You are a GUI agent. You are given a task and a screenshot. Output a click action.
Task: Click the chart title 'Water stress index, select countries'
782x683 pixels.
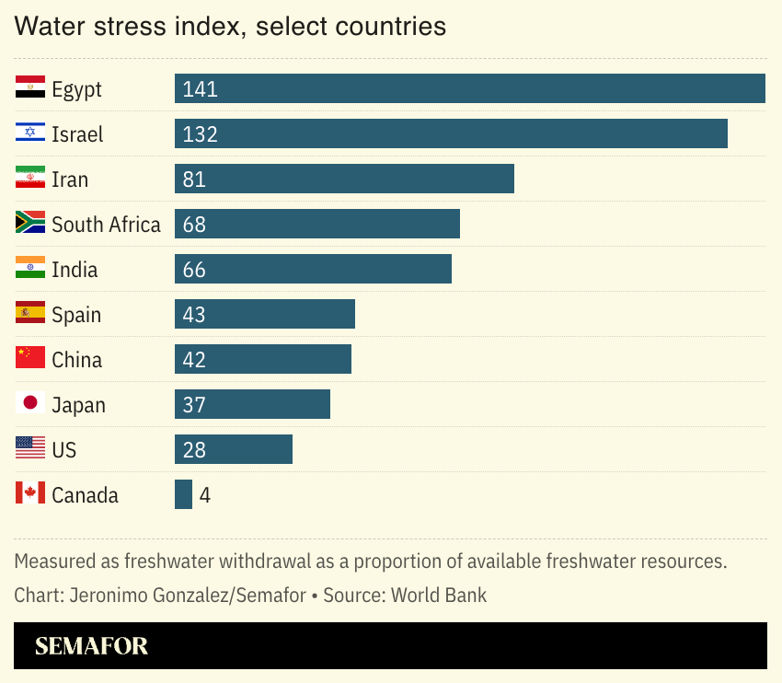230,26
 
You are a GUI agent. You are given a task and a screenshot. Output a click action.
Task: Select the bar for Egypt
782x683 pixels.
470,89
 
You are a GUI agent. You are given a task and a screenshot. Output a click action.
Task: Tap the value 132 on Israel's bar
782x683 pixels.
200,134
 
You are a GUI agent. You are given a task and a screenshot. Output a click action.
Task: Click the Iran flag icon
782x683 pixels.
30,179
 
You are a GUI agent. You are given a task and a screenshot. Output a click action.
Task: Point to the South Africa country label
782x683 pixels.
106,225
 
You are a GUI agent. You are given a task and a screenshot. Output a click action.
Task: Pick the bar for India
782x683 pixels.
313,270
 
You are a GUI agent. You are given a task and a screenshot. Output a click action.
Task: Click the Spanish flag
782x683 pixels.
30,314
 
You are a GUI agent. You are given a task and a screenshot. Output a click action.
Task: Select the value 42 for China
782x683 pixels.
194,360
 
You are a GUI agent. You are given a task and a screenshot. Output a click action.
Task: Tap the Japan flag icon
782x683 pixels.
30,403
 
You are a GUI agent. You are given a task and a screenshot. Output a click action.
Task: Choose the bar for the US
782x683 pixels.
234,450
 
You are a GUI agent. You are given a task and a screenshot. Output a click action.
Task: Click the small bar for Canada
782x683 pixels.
183,495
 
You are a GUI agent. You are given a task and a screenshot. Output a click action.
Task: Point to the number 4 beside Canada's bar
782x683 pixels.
205,495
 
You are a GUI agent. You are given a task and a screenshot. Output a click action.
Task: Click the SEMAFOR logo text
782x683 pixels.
91,646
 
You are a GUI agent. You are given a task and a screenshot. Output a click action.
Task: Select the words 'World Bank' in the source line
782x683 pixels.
439,596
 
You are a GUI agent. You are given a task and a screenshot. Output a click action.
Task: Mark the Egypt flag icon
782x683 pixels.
30,88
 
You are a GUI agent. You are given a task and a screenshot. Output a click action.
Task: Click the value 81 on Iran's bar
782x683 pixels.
194,179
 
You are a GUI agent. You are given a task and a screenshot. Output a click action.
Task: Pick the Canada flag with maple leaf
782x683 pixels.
30,493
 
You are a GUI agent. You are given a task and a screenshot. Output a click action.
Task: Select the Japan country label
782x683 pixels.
78,405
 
